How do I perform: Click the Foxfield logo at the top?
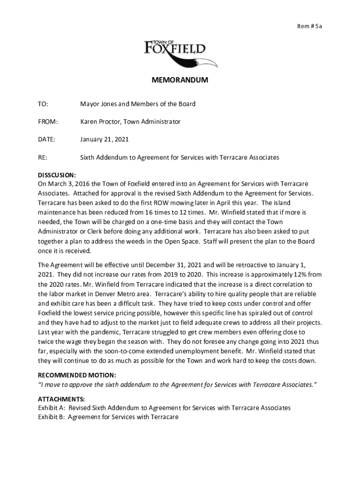(x=180, y=51)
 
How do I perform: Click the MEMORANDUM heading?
(x=180, y=80)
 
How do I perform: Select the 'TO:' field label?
(x=43, y=104)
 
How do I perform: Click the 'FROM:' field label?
(x=48, y=122)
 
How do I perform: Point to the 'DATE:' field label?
(x=46, y=139)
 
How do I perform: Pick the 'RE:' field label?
(x=43, y=158)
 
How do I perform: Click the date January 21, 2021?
(x=104, y=139)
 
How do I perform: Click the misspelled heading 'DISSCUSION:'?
(x=57, y=175)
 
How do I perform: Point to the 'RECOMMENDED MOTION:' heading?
(x=77, y=375)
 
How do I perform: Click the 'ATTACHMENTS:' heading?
(x=61, y=399)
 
